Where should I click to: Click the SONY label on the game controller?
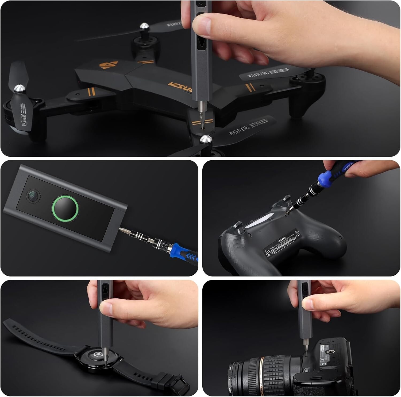283,240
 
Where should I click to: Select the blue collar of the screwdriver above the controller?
324,178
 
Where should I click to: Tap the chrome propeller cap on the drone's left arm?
18,88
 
